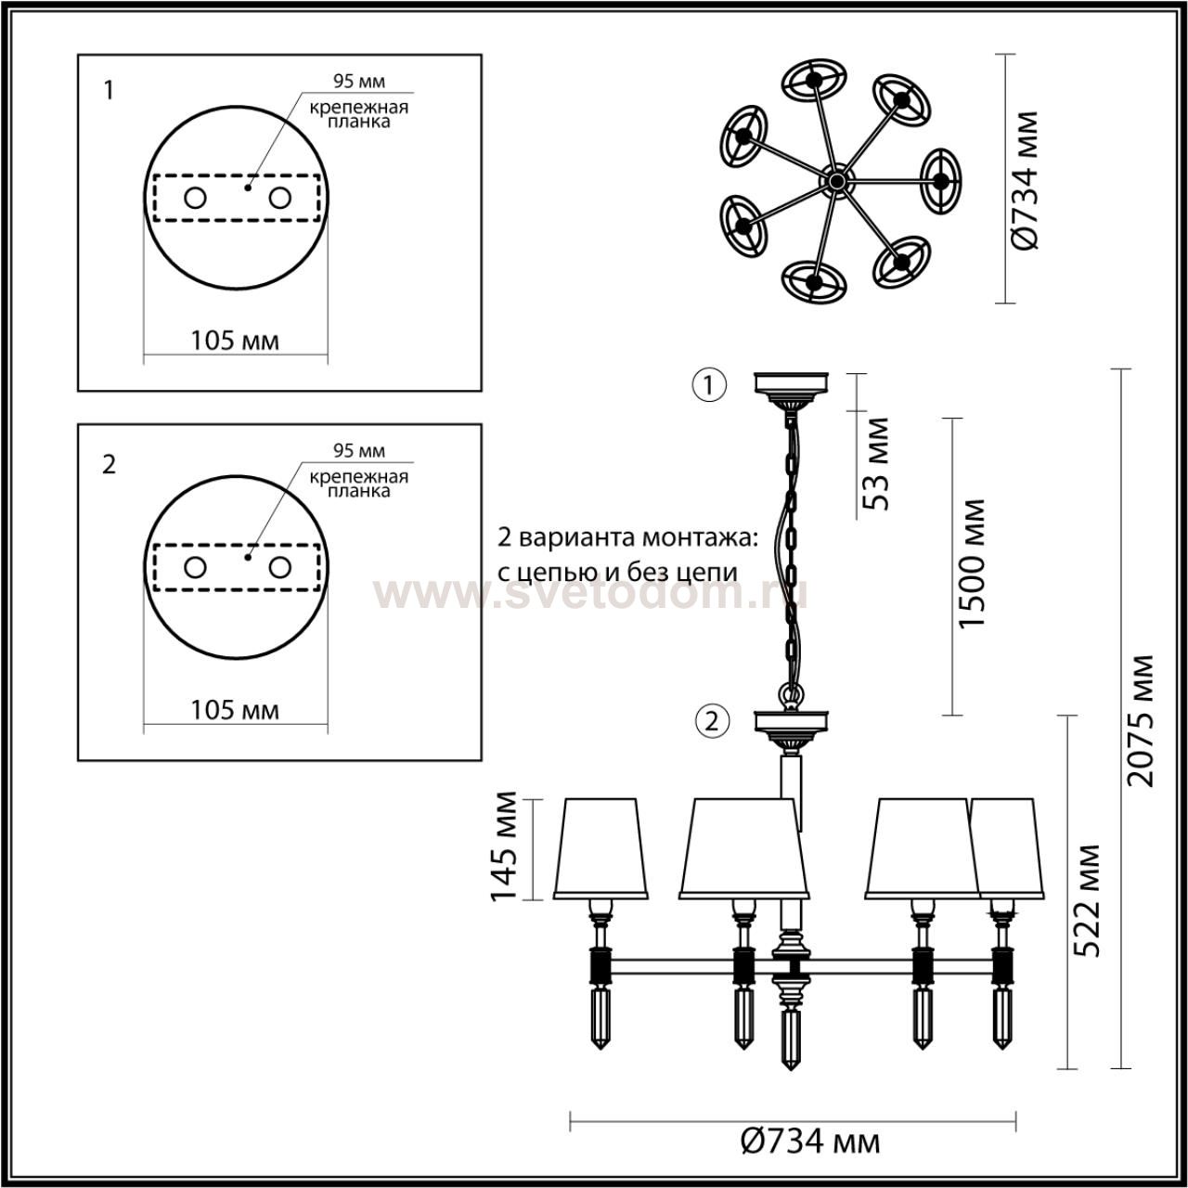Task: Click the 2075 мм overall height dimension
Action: pos(1140,720)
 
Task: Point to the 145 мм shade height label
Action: pos(503,846)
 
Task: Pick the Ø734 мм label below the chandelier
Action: pos(810,1143)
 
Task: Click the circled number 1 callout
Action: pos(710,385)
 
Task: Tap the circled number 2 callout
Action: pos(712,721)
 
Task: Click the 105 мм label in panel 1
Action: pos(235,341)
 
